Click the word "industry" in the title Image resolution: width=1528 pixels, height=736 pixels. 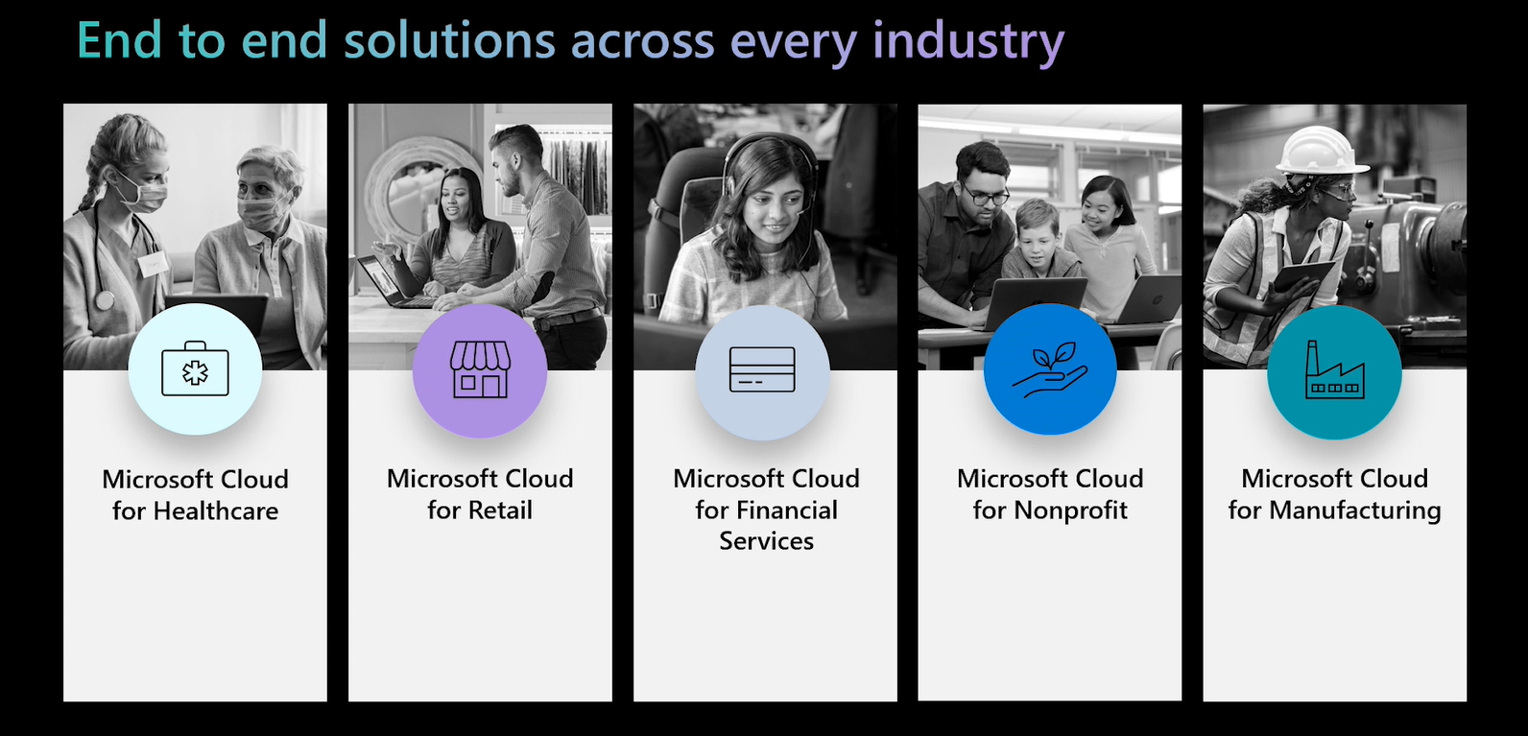pyautogui.click(x=968, y=41)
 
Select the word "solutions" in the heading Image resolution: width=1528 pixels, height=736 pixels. pyautogui.click(x=449, y=39)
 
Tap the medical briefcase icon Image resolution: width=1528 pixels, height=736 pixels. pyautogui.click(x=195, y=368)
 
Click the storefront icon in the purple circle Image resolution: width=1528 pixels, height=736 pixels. pyautogui.click(x=480, y=369)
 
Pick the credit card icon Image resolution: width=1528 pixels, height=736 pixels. pyautogui.click(x=762, y=369)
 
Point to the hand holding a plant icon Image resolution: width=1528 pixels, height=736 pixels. pyautogui.click(x=1049, y=369)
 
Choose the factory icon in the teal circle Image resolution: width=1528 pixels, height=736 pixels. pyautogui.click(x=1334, y=369)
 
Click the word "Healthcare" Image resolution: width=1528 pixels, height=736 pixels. pyautogui.click(x=216, y=510)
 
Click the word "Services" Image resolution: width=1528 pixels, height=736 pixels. pyautogui.click(x=766, y=541)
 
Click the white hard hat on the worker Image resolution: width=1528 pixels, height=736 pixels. pyautogui.click(x=1320, y=150)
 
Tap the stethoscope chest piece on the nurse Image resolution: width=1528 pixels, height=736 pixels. pyautogui.click(x=104, y=300)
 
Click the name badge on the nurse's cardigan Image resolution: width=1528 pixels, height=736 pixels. pyautogui.click(x=153, y=263)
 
